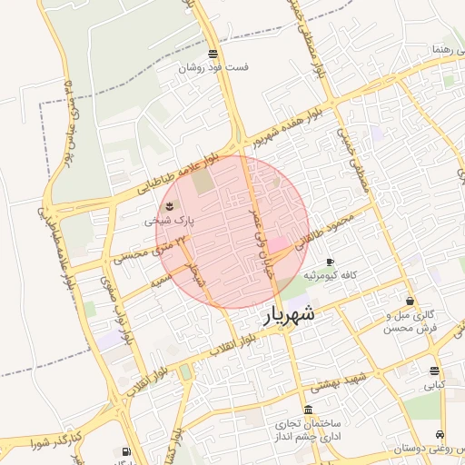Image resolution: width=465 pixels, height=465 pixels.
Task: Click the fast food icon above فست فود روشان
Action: pos(213,53)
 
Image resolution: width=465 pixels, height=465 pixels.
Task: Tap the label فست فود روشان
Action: pos(213,67)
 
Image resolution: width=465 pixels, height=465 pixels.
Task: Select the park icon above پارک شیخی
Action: pos(173,206)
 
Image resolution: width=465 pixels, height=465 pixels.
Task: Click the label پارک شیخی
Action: pos(169,220)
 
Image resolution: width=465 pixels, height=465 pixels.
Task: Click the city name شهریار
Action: pos(290,314)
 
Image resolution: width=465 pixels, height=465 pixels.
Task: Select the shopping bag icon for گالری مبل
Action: pos(411,302)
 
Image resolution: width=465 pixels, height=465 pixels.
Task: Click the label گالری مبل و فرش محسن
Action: pos(411,321)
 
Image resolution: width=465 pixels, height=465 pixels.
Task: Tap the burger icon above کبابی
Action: pos(434,371)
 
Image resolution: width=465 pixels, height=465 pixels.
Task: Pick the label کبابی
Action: pos(435,385)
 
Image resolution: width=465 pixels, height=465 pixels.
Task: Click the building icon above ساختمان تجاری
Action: pos(309,410)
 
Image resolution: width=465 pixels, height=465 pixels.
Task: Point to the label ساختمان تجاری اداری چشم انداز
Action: pos(309,430)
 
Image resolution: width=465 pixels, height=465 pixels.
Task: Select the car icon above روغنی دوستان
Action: pos(440,434)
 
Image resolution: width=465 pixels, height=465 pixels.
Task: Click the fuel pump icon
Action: pos(125,451)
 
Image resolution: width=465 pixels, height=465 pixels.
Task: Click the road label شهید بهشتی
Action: pos(345,380)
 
